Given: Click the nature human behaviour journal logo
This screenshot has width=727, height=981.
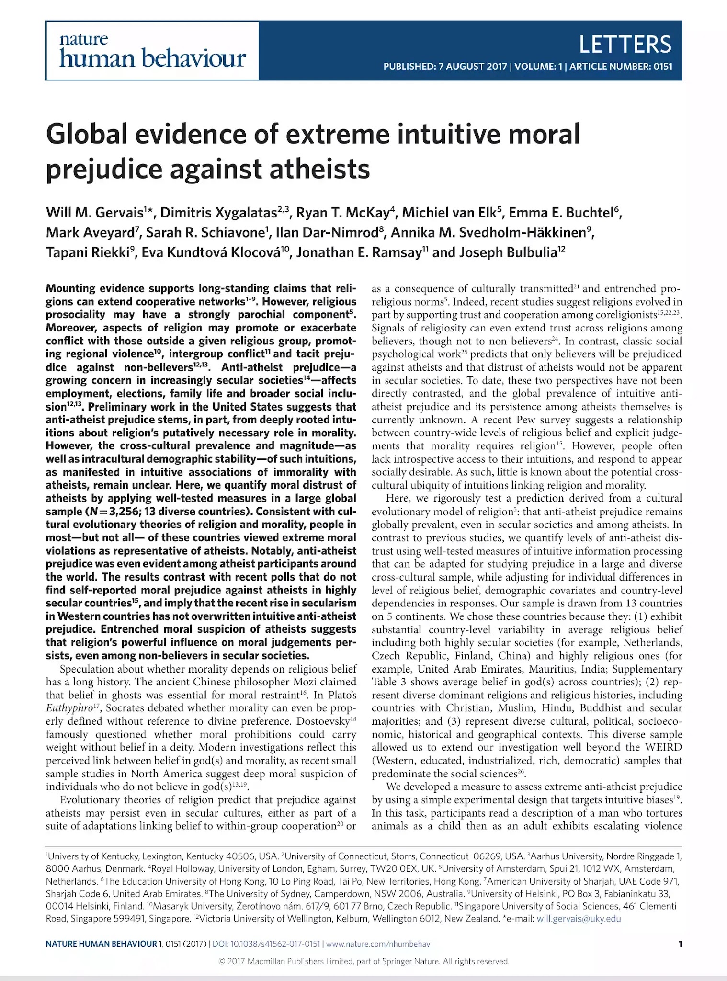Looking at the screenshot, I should coord(152,51).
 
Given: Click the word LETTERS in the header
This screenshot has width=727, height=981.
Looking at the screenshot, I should coord(625,45).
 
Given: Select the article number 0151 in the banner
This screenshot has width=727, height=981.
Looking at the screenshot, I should coord(663,67).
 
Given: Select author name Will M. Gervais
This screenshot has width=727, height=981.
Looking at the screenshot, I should coord(95,212).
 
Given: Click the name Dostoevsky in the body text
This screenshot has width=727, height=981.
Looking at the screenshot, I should coord(323,721).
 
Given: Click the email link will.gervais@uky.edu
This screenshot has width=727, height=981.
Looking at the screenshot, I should coord(579,918).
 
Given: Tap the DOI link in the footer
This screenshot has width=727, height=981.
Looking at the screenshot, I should coord(266,944).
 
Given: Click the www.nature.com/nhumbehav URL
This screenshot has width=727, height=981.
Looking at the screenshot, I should coord(378,944).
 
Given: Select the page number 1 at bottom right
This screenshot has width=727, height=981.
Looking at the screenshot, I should coord(680,944).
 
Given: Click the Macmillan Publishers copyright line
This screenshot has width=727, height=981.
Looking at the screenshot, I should coord(363,961).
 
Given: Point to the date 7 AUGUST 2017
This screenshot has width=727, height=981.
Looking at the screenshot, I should coord(472,67).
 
